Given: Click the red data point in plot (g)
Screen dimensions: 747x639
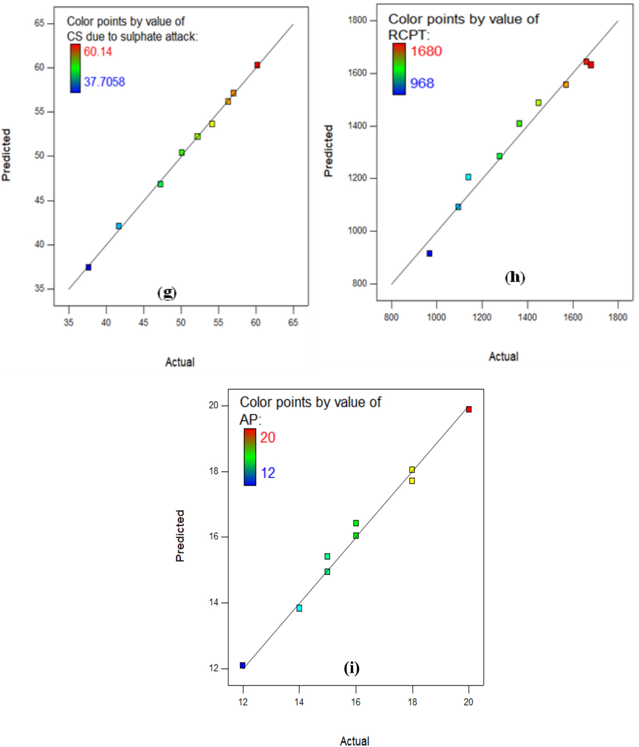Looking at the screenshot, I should coord(257,65).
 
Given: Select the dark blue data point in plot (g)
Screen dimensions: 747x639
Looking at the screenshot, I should coord(88,267).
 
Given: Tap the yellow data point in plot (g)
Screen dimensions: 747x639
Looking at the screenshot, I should coord(212,124).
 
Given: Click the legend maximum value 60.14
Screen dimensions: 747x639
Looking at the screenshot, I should coord(98,52).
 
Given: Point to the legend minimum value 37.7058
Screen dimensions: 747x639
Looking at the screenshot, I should coord(104,82).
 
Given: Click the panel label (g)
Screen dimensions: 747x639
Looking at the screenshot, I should coord(167,292).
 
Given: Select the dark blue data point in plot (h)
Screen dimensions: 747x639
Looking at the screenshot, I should coord(429,254).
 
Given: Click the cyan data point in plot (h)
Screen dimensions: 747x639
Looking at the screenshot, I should coord(468,177).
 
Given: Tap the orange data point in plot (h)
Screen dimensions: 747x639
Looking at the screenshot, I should coord(566,85).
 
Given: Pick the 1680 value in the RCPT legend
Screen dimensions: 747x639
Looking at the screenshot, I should coord(426,51).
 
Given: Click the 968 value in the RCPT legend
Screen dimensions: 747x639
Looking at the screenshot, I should coord(422,83).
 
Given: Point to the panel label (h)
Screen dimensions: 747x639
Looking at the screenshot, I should coord(515,277).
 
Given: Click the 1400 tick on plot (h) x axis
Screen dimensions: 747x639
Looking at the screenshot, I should coord(527,317).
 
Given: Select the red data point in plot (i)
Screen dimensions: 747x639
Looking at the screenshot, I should coord(469,409).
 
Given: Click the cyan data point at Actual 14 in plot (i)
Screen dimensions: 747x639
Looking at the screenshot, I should coord(299,608).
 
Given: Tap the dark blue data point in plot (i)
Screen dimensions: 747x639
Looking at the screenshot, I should coord(243,665).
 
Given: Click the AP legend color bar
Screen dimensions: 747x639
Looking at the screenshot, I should coord(250,457).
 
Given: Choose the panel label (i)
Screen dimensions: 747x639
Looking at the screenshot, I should coord(352,668).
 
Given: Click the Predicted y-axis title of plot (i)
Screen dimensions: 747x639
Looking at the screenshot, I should coord(180,536).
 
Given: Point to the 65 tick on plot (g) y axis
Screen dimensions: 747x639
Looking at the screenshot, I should coord(39,23).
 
